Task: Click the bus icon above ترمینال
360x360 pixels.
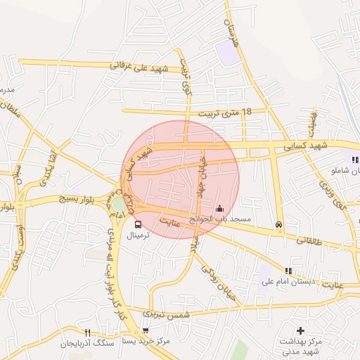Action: (x=138, y=225)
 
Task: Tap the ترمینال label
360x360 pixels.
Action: (x=139, y=237)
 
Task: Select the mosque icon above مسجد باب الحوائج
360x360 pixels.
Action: (x=220, y=208)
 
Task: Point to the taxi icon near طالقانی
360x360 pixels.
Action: (x=280, y=226)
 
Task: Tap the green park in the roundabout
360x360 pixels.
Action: (x=120, y=204)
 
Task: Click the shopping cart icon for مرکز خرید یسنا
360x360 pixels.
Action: (x=145, y=330)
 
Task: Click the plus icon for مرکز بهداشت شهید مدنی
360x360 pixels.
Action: (x=301, y=330)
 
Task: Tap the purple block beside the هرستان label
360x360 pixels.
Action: (x=227, y=53)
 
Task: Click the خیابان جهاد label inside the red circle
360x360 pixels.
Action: (x=202, y=176)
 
